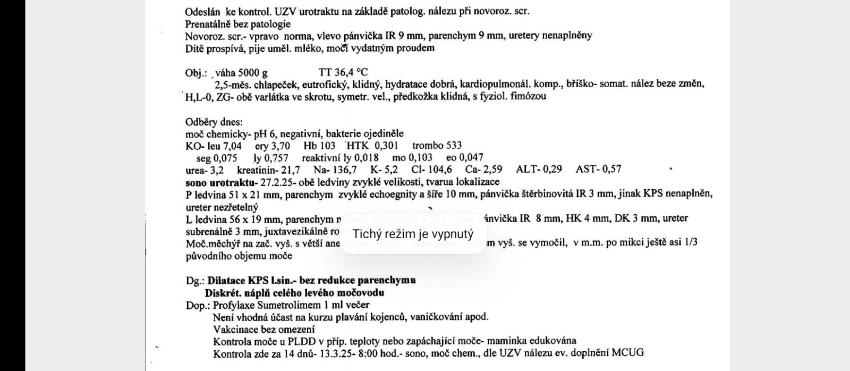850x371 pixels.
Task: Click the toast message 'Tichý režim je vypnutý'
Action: click(413, 234)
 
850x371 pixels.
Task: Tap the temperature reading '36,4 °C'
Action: click(350, 73)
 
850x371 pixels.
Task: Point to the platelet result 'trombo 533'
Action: click(437, 146)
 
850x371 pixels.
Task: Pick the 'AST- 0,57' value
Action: click(598, 170)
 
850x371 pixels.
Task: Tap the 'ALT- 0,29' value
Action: click(539, 170)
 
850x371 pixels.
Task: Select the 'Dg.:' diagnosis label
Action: click(194, 280)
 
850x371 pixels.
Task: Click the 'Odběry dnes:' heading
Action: click(214, 122)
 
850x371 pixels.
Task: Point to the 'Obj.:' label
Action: click(195, 73)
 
